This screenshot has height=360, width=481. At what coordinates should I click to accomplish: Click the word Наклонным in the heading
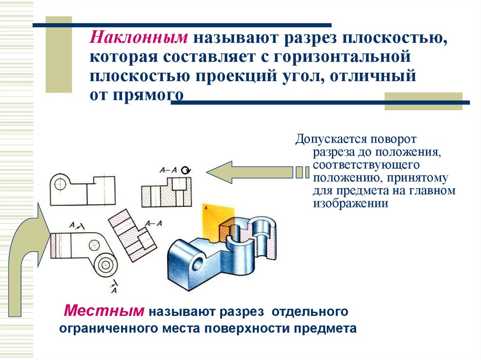click(x=139, y=37)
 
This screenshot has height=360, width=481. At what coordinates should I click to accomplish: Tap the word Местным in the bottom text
click(x=104, y=310)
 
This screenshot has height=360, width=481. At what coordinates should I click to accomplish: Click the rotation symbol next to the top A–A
click(x=187, y=170)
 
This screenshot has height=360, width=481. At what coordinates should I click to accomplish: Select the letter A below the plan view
click(x=114, y=290)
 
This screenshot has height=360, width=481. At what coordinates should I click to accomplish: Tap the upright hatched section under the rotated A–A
click(x=166, y=192)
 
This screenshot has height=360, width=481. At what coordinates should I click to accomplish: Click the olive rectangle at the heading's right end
click(x=423, y=101)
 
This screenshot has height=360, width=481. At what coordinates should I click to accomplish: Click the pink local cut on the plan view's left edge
click(x=54, y=245)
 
